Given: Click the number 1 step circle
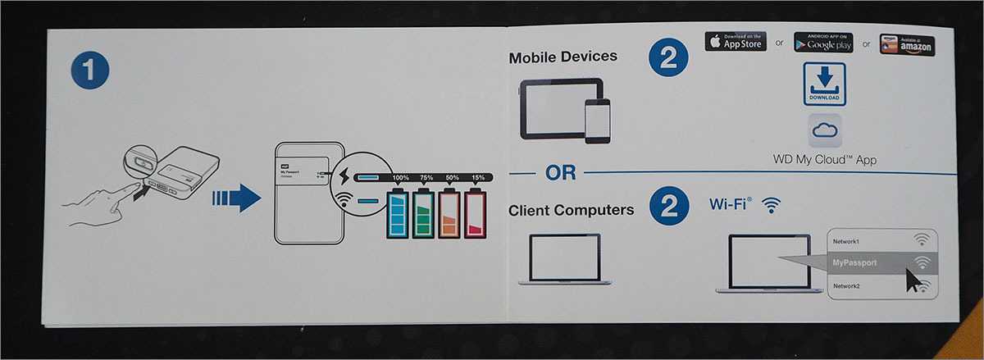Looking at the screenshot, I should tap(89, 71).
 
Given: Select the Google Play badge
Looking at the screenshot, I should tap(823, 42).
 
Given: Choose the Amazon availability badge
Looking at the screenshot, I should tap(906, 44).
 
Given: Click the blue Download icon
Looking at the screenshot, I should tap(824, 84).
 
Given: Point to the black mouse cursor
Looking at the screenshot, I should tap(913, 279).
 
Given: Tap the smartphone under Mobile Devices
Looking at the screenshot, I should tap(598, 121).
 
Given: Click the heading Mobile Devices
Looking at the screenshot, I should tap(563, 57).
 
